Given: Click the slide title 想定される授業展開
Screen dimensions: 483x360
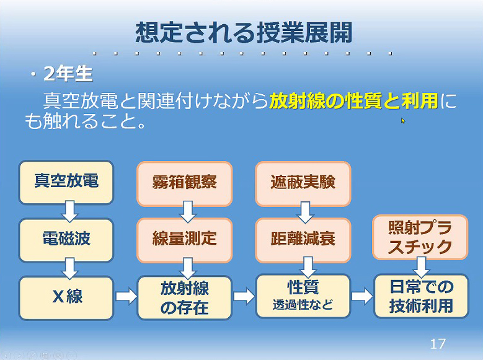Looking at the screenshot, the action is pos(244,32).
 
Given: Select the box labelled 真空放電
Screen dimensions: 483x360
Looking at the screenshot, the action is pos(66,182).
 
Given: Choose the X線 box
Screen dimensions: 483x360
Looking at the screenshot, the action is pos(66,298).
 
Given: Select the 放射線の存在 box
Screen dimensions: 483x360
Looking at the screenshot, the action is pos(185,298).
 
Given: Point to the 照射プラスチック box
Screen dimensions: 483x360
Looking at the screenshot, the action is pos(420,237).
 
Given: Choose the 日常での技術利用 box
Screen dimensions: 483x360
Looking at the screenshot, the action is pos(421,296).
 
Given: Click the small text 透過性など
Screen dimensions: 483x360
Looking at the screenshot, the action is pos(303,305).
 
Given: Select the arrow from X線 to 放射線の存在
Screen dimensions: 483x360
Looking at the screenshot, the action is pos(126,296).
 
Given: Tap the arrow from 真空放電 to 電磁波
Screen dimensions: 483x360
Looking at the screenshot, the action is pos(70,211).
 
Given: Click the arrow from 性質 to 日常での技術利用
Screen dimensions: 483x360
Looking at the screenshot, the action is pos(362,296).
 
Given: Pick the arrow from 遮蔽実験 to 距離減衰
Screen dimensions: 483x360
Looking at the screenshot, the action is pos(305,212).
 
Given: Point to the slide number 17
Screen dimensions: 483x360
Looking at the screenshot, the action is pos(438,344).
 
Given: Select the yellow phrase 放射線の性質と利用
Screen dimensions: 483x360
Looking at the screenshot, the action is pos(353,101).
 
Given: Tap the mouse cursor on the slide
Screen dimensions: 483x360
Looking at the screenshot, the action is pos(403,120).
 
